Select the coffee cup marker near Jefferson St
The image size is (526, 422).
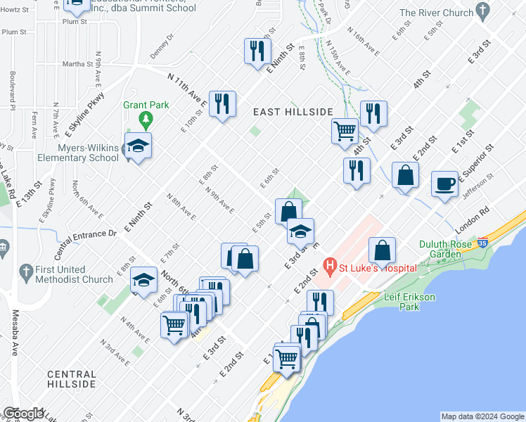444,183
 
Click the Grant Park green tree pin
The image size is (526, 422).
146,119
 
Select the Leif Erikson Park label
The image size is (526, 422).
410,302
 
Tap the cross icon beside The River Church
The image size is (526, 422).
482,11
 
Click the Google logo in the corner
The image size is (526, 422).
23,414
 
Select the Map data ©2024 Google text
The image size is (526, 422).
482,416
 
